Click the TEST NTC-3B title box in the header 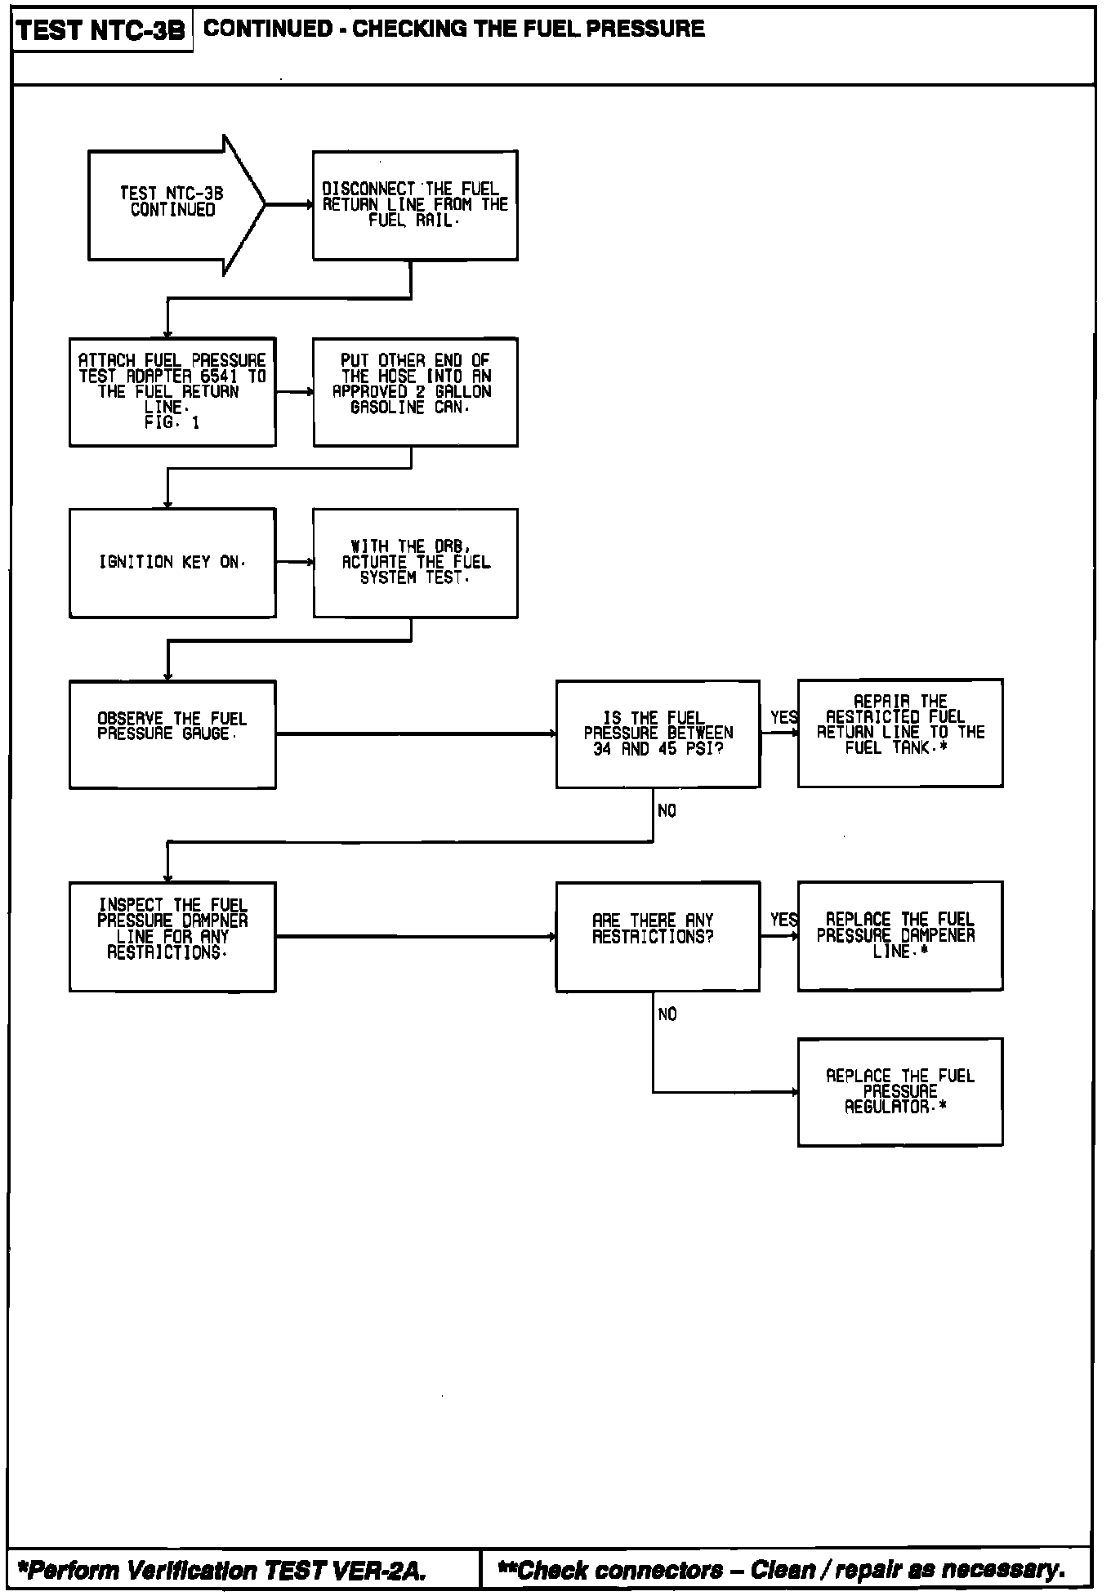tap(101, 31)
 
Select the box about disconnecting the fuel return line tap(415, 205)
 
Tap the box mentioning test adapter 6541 tap(172, 391)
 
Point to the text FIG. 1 tap(172, 423)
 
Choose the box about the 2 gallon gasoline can tap(415, 391)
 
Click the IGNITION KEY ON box tap(172, 563)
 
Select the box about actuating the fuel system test tap(415, 563)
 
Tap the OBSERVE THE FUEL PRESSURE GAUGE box tap(172, 733)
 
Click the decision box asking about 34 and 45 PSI tap(658, 733)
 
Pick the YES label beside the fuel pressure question tap(783, 718)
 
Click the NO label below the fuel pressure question tap(667, 811)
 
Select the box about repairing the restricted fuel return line tap(900, 733)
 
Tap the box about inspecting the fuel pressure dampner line tap(172, 936)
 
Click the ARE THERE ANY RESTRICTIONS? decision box tap(658, 936)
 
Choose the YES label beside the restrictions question tap(783, 921)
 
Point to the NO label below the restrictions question tap(667, 1014)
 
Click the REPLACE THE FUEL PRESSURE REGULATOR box tap(900, 1092)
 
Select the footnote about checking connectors tap(782, 1570)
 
